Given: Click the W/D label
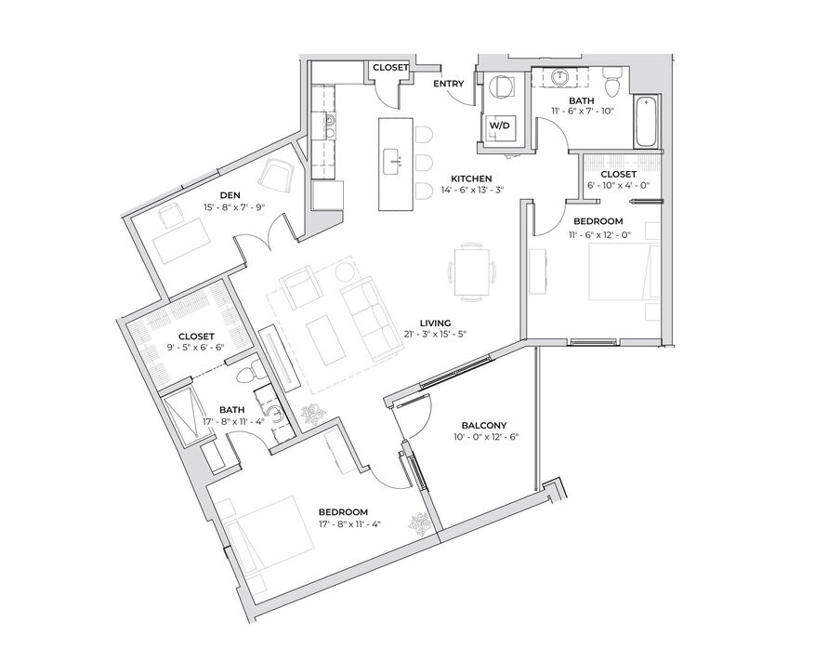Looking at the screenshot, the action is [500, 126].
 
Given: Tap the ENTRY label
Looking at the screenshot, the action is [448, 84].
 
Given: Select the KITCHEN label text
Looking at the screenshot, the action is [471, 179].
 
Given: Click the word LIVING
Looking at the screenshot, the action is [435, 324].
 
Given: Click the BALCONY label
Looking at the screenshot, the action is [484, 425].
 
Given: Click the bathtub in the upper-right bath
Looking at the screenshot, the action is [647, 122].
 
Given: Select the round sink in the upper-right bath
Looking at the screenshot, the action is [560, 78].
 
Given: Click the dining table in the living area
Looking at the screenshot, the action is [472, 271].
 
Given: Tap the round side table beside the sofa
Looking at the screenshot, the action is [346, 272].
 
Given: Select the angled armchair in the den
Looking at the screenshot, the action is [276, 177].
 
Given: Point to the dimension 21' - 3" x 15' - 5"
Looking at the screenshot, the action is [435, 334].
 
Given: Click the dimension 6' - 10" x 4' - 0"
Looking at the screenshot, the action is [618, 185].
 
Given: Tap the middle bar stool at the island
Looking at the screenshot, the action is [424, 162].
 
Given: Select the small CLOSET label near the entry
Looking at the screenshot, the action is [390, 68].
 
